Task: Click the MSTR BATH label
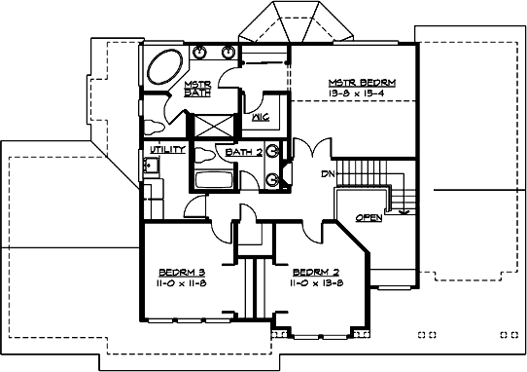(x=197, y=89)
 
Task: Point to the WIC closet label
(x=260, y=118)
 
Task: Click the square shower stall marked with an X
(x=215, y=126)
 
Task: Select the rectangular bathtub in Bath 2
(x=213, y=177)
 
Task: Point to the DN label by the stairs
(x=328, y=174)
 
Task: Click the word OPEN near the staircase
(x=368, y=217)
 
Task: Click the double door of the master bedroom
(x=303, y=156)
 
